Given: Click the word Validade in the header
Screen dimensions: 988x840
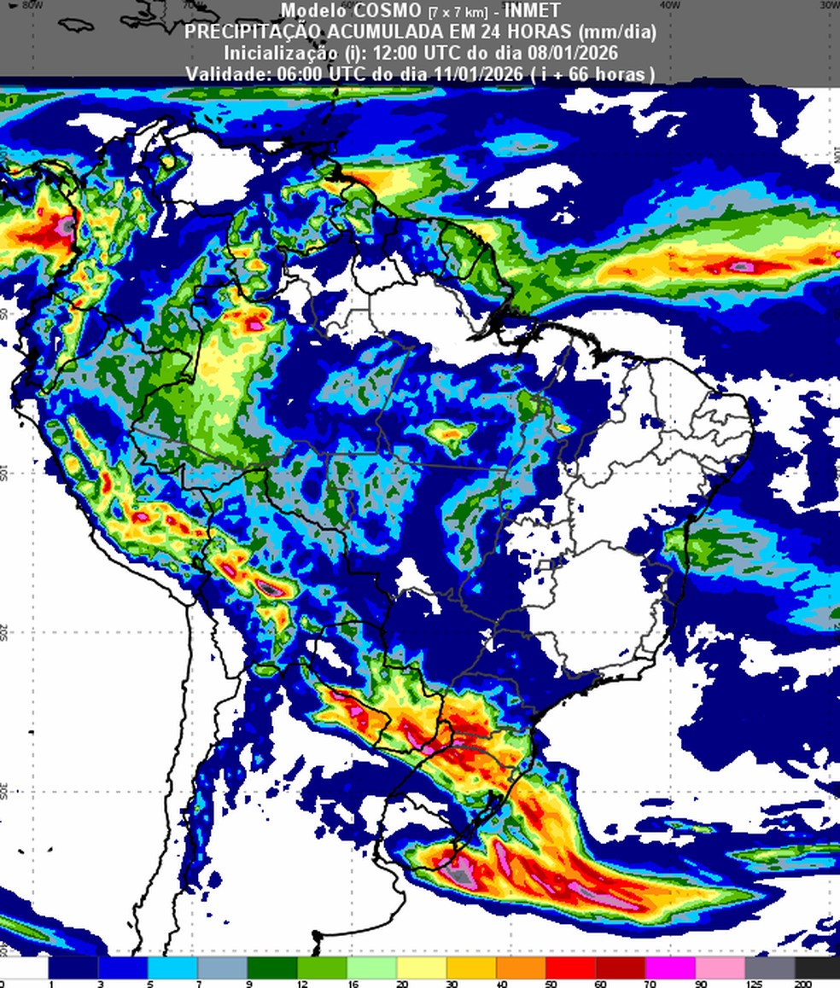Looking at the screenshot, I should click(x=226, y=74).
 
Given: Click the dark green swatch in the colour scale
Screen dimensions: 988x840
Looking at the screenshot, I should click(x=272, y=968).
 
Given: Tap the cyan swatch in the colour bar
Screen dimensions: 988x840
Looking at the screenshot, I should click(x=172, y=968).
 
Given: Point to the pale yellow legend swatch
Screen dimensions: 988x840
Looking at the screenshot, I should click(x=422, y=968).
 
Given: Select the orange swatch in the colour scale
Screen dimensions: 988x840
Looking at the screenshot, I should click(x=521, y=968).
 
